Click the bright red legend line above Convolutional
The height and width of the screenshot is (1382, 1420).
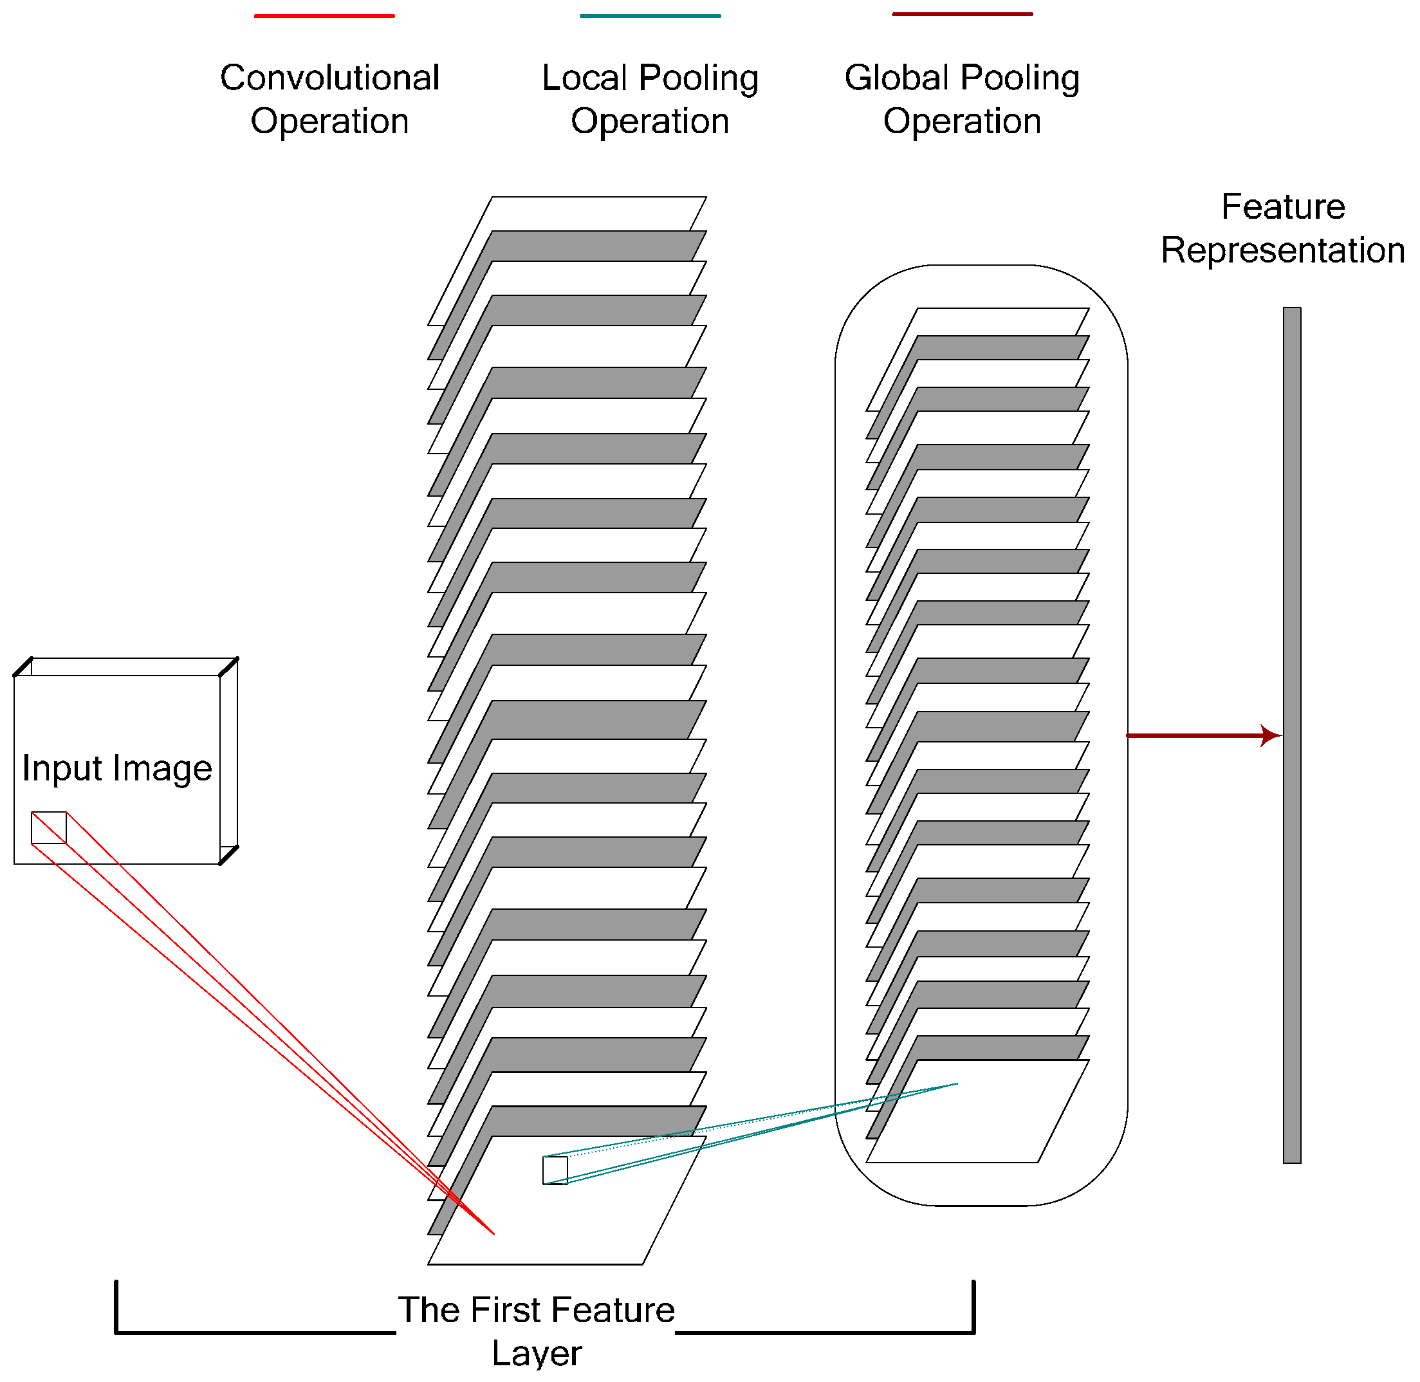pos(324,16)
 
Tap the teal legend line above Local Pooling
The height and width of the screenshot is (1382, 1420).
pos(650,16)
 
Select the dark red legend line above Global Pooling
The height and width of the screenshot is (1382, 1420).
pos(962,14)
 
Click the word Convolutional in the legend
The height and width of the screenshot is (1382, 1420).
pos(329,78)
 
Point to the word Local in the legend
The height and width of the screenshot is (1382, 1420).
pos(584,78)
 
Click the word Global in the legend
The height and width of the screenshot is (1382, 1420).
pos(896,78)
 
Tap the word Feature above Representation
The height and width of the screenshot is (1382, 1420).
pos(1283,207)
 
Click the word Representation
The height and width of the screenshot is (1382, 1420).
pos(1283,250)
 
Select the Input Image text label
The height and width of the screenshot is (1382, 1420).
pos(117,768)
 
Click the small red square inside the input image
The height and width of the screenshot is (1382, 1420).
pos(49,827)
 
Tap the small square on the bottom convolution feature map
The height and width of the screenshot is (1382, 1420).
pos(555,1171)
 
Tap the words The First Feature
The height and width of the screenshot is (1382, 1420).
pos(537,1310)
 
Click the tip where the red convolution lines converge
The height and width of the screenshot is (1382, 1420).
pos(493,1233)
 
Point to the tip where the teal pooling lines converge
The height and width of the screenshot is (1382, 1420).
pos(957,1083)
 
